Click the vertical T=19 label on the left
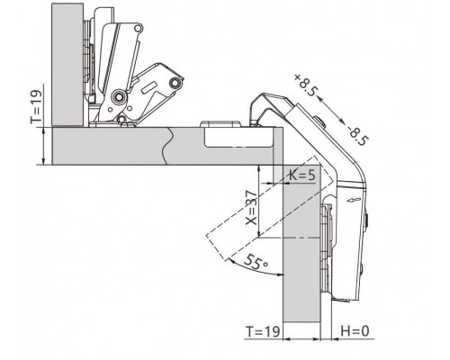(x=36, y=106)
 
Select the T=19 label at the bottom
(x=263, y=331)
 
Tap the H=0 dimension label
(x=355, y=331)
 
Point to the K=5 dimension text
(x=302, y=175)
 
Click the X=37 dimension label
(x=251, y=207)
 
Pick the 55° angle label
(x=256, y=262)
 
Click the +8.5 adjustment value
(x=305, y=85)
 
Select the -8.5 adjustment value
(x=358, y=136)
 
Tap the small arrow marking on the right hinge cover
(x=352, y=200)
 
